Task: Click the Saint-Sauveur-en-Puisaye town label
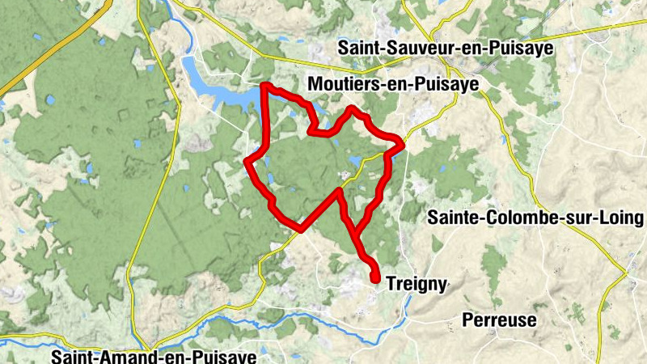tap(446, 49)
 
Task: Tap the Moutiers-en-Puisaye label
tap(394, 83)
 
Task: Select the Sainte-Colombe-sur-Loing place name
tap(535, 218)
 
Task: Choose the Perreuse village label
tap(499, 320)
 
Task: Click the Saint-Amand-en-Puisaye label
tap(153, 356)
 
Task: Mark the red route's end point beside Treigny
tap(376, 279)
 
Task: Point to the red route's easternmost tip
tap(402, 144)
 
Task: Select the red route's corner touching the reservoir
tap(265, 86)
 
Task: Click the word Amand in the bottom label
tap(121, 356)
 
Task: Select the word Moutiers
tap(341, 83)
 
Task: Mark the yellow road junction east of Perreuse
tap(626, 275)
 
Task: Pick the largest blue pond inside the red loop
tap(357, 160)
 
